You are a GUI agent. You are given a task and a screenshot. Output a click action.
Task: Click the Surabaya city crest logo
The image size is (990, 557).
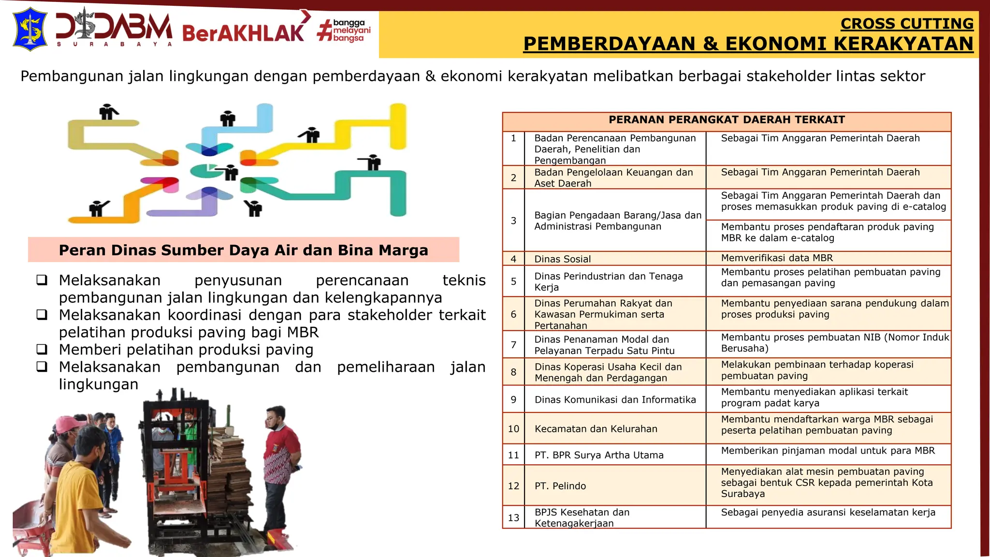(x=29, y=29)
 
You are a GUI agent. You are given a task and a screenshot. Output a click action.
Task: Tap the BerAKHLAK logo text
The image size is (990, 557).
(x=243, y=33)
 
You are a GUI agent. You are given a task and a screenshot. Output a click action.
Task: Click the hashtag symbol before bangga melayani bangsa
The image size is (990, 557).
(x=324, y=30)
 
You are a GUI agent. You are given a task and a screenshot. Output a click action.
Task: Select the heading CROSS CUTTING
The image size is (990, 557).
(x=907, y=23)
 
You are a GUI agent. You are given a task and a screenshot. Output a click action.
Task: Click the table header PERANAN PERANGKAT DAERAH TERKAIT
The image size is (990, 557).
(x=727, y=120)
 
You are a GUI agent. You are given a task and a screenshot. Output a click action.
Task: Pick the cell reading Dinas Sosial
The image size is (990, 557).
(x=562, y=259)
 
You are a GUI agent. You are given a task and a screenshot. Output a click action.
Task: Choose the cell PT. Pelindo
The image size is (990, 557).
(x=560, y=486)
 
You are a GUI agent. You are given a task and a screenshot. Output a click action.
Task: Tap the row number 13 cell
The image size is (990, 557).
(x=513, y=518)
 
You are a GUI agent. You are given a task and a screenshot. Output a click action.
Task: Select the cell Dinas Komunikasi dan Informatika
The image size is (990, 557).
(x=615, y=400)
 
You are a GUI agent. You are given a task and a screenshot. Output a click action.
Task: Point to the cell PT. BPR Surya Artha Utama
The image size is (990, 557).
(x=599, y=455)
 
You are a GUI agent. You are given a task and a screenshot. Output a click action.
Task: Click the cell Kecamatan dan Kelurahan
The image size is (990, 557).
(x=596, y=429)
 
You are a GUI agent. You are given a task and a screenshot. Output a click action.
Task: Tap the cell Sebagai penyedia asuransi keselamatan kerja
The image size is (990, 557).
(x=828, y=513)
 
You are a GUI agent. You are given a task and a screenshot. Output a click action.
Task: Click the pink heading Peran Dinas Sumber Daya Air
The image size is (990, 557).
(x=243, y=250)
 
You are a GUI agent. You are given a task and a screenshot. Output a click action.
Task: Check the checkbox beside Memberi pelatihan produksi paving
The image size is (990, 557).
(x=42, y=349)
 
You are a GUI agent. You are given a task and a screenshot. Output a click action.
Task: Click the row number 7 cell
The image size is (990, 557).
(x=513, y=345)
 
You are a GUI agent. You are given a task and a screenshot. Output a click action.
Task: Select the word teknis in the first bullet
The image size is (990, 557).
(x=464, y=280)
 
